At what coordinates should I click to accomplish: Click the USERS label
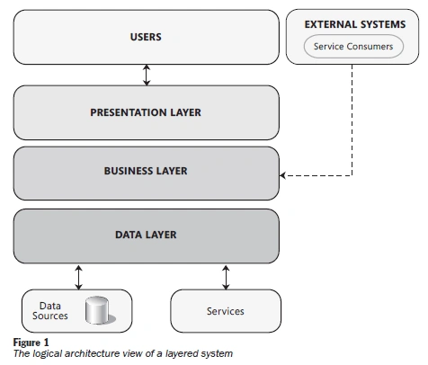(x=146, y=37)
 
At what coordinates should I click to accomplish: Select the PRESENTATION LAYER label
(x=146, y=112)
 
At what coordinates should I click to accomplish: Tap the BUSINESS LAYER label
(x=146, y=171)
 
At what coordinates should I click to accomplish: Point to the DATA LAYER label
(x=146, y=235)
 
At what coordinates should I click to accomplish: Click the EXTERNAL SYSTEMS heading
(x=355, y=24)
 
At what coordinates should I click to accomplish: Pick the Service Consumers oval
(x=353, y=47)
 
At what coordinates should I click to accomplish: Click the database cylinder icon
(x=100, y=310)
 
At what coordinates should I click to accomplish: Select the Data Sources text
(x=50, y=311)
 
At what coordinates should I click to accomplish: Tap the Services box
(x=226, y=311)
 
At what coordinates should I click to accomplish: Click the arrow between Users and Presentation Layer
(x=147, y=75)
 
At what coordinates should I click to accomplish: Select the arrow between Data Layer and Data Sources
(x=78, y=277)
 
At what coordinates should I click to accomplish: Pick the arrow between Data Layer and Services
(x=226, y=277)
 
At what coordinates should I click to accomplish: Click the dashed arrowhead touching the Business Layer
(x=282, y=175)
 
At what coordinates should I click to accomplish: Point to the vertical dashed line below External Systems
(x=352, y=120)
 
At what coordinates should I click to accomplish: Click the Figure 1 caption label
(x=31, y=343)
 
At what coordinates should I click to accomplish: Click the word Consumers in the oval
(x=370, y=47)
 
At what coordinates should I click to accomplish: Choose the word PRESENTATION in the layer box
(x=129, y=112)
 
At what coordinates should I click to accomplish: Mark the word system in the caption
(x=217, y=354)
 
